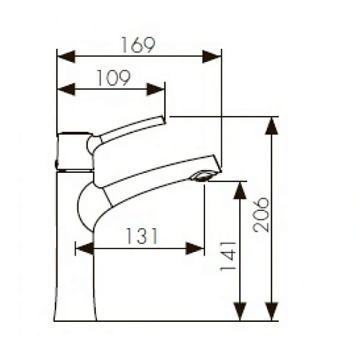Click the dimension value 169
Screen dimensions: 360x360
138,45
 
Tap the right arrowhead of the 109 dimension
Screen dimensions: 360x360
158,89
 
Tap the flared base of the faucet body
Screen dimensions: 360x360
76,302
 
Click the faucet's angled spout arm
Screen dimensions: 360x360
155,176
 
